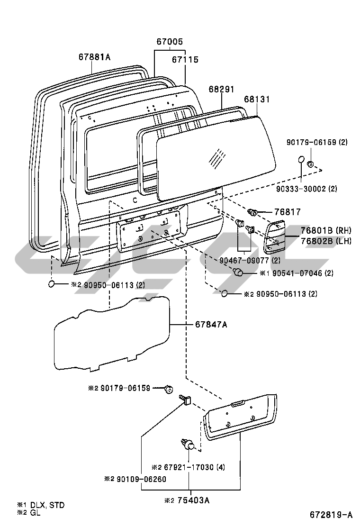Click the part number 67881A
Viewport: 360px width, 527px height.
pyautogui.click(x=94, y=57)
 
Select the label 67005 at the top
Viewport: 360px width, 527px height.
pyautogui.click(x=170, y=42)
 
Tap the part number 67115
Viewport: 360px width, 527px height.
pyautogui.click(x=185, y=60)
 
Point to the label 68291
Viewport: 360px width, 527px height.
pyautogui.click(x=221, y=89)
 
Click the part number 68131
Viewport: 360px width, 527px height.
pyautogui.click(x=257, y=99)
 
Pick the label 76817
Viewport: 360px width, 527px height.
pyautogui.click(x=288, y=212)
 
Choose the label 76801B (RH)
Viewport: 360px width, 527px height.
pyautogui.click(x=326, y=230)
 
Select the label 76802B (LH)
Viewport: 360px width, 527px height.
pyautogui.click(x=326, y=241)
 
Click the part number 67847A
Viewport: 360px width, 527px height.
pyautogui.click(x=211, y=324)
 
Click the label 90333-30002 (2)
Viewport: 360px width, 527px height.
pyautogui.click(x=306, y=189)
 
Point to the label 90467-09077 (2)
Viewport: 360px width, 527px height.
pyautogui.click(x=250, y=261)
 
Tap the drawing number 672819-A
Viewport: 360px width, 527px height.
pyautogui.click(x=331, y=515)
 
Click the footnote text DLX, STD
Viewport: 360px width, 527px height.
pyautogui.click(x=47, y=505)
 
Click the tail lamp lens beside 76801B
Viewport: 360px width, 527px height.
pyautogui.click(x=274, y=237)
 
